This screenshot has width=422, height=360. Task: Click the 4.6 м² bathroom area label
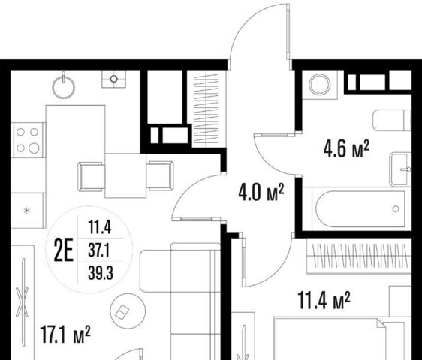346,148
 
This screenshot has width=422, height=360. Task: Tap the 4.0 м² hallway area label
261,192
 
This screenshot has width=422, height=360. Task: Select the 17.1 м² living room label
65,334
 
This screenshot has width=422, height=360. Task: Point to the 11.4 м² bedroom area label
324,300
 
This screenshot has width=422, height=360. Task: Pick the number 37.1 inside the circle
98,250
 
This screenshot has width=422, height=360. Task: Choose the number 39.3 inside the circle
101,272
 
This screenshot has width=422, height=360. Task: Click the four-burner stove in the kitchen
28,139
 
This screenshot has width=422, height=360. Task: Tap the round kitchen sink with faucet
64,85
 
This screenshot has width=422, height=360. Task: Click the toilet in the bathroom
392,120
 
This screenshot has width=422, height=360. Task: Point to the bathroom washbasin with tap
400,169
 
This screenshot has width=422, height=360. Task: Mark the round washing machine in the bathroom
319,85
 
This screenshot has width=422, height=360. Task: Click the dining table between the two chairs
125,175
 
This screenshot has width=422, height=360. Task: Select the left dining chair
92,176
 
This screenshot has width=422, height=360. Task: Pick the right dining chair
160,175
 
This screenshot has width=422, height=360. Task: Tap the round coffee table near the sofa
128,310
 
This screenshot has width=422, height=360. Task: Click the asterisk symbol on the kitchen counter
26,211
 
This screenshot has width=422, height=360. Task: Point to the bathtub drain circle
396,208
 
